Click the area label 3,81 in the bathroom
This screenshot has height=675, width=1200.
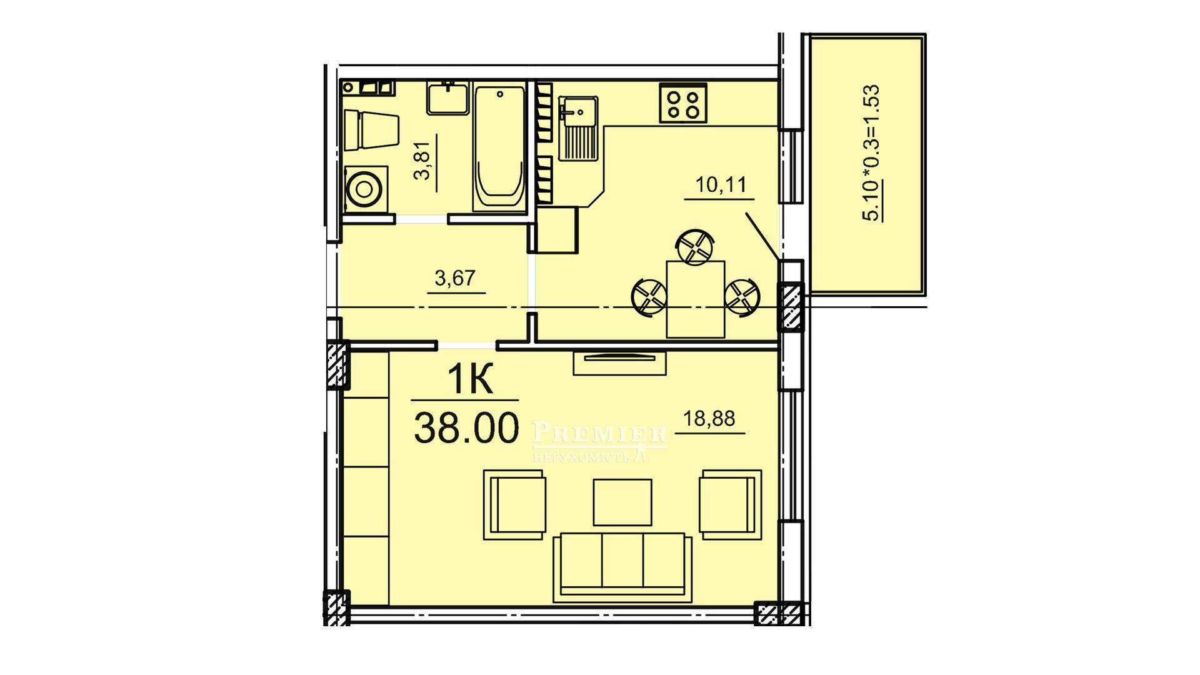pyautogui.click(x=423, y=161)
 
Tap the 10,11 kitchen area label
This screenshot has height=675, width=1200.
pyautogui.click(x=721, y=185)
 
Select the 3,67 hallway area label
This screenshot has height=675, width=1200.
pyautogui.click(x=455, y=277)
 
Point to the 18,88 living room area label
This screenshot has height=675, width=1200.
pyautogui.click(x=709, y=418)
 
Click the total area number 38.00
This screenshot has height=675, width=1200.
pyautogui.click(x=466, y=428)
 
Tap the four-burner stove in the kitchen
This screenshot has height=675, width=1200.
pyautogui.click(x=682, y=103)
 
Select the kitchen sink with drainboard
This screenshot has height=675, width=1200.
pyautogui.click(x=579, y=128)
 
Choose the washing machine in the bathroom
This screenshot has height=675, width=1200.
pyautogui.click(x=365, y=187)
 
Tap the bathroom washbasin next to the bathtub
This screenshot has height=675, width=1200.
pyautogui.click(x=447, y=98)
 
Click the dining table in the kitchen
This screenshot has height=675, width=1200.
pyautogui.click(x=696, y=299)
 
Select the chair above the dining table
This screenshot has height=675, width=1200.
pyautogui.click(x=695, y=246)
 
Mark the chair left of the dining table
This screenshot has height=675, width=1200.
pyautogui.click(x=649, y=297)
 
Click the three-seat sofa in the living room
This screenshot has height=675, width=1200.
pyautogui.click(x=622, y=567)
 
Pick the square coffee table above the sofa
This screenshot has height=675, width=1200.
pyautogui.click(x=622, y=502)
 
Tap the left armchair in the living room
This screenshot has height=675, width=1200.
pyautogui.click(x=514, y=504)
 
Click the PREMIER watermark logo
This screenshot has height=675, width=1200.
pyautogui.click(x=599, y=441)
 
